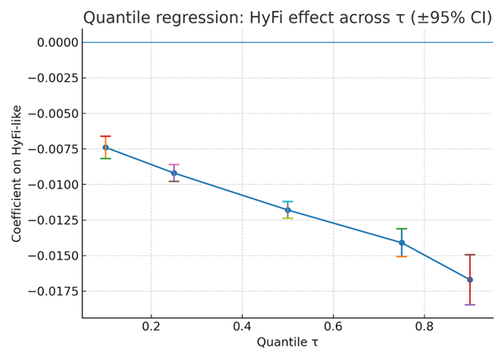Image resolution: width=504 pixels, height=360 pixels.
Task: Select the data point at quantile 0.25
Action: [x=174, y=173]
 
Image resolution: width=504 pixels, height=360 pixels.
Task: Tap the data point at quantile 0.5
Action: [x=288, y=210]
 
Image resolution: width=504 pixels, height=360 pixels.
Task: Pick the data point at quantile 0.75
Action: [x=402, y=243]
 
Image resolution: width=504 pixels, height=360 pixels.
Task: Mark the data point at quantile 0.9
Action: [x=470, y=280]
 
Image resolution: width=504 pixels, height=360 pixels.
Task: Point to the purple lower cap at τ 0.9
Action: [x=470, y=305]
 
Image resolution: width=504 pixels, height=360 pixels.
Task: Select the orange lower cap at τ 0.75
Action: [x=402, y=256]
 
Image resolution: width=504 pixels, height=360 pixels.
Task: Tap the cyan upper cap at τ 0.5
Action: [x=288, y=202]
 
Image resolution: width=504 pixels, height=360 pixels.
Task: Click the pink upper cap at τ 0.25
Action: [x=174, y=165]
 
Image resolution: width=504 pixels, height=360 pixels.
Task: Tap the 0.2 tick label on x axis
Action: [x=152, y=325]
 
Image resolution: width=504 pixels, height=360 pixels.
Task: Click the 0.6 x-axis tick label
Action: [x=333, y=325]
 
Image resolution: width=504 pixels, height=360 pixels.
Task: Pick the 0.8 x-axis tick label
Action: [x=424, y=325]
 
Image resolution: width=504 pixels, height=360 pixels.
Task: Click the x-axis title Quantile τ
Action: [x=287, y=342]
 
